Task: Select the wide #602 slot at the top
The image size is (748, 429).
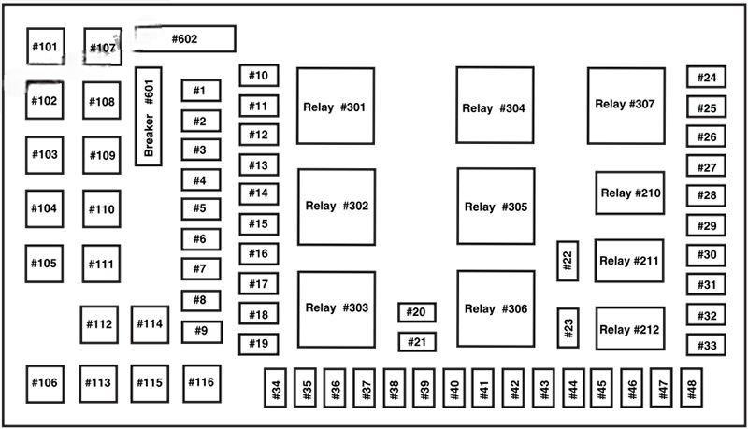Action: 184,39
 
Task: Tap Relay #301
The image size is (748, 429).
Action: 336,106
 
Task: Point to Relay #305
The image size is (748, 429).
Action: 496,206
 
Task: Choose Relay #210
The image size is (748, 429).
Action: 630,193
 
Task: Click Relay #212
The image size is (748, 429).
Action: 630,329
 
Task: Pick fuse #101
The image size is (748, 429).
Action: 45,46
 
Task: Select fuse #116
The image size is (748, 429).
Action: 201,382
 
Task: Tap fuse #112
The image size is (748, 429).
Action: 99,324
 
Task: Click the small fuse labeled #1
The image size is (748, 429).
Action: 200,91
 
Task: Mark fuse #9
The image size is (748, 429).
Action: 201,330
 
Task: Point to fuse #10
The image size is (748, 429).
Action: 258,76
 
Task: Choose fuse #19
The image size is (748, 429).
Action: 258,344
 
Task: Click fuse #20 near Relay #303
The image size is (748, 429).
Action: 417,312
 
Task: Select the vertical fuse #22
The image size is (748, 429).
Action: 568,261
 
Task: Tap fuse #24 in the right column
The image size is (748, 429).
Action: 707,78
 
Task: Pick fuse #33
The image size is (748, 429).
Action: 707,345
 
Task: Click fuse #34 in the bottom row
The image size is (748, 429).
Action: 276,391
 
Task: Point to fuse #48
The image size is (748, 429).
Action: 692,391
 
